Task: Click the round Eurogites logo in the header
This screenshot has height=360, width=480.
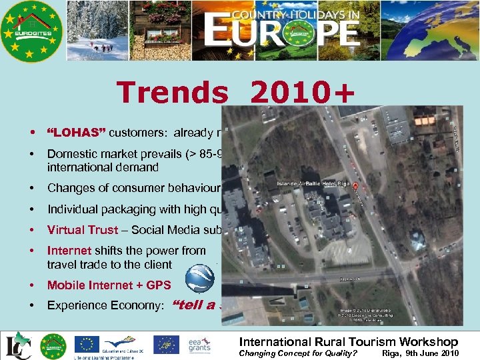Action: (31, 31)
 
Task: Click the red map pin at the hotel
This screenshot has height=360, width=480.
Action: (356, 187)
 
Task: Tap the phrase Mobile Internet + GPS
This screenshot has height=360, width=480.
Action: (109, 285)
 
